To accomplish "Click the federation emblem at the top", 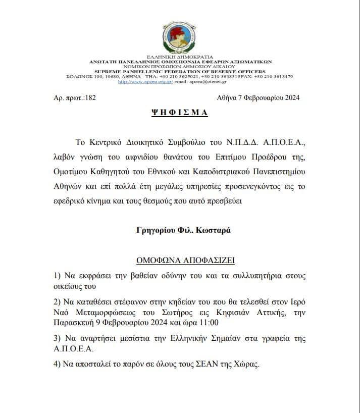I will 180,37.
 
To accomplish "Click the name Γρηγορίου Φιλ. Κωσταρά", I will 180,230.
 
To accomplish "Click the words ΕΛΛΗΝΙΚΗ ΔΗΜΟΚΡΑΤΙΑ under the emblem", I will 180,57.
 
